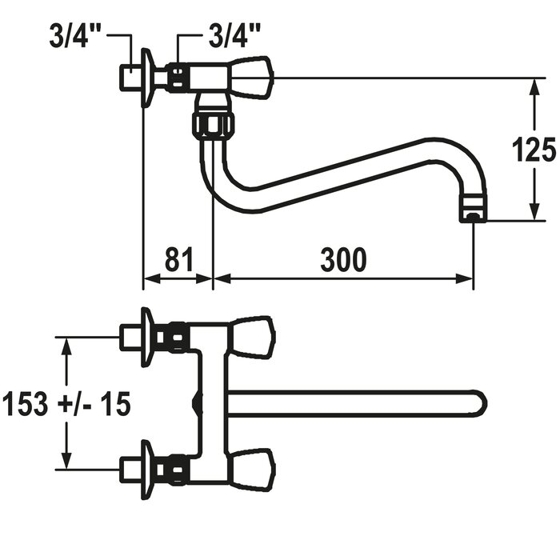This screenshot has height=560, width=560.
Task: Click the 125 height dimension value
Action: click(534, 149)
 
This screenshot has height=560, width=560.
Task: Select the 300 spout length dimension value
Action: click(343, 260)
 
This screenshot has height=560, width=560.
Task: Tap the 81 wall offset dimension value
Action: click(179, 259)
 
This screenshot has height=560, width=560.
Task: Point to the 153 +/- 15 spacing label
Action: click(66, 404)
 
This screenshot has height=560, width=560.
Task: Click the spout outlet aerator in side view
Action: click(473, 209)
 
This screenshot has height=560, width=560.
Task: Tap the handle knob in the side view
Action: click(252, 77)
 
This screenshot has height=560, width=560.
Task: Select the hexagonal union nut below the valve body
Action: click(213, 123)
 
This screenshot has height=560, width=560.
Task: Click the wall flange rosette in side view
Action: click(147, 78)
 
